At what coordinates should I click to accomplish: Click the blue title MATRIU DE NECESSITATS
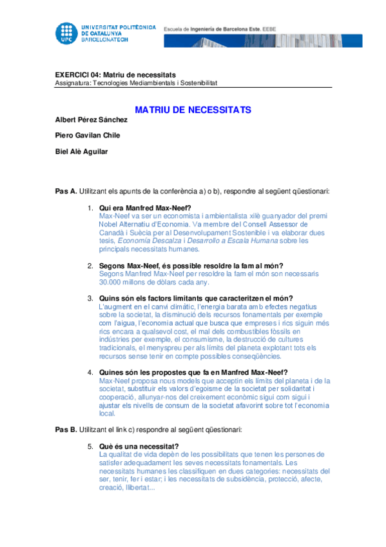pyautogui.click(x=193, y=110)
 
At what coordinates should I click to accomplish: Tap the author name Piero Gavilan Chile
pyautogui.click(x=88, y=135)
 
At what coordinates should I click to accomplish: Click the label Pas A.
pyautogui.click(x=66, y=192)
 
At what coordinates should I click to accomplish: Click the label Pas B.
pyautogui.click(x=66, y=429)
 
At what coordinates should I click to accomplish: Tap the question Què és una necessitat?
pyautogui.click(x=139, y=446)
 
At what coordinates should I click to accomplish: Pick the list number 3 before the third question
pyautogui.click(x=90, y=298)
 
